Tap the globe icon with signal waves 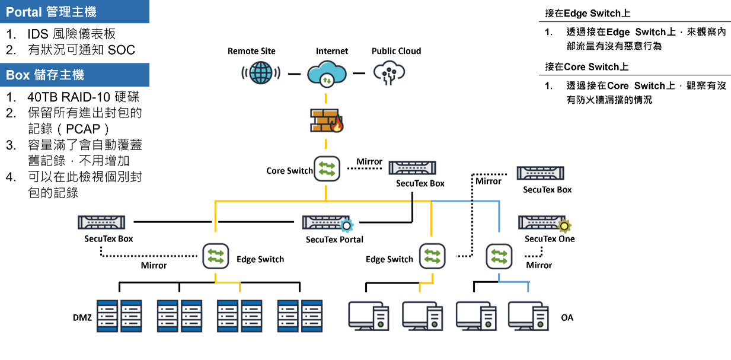pyautogui.click(x=261, y=72)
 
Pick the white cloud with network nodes pyautogui.click(x=389, y=72)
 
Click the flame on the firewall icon pyautogui.click(x=337, y=125)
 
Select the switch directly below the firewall pyautogui.click(x=327, y=168)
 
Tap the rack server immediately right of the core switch pyautogui.click(x=413, y=168)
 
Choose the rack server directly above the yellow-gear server pyautogui.click(x=540, y=173)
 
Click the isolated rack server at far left pyautogui.click(x=101, y=222)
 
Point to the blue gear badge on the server pyautogui.click(x=347, y=225)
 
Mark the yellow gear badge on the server pyautogui.click(x=564, y=226)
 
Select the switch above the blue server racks pyautogui.click(x=215, y=256)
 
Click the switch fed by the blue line pyautogui.click(x=499, y=256)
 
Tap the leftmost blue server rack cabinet pyautogui.click(x=107, y=316)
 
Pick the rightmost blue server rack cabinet pyautogui.click(x=312, y=316)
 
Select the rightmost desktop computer pyautogui.click(x=528, y=316)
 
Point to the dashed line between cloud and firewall pyautogui.click(x=325, y=98)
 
